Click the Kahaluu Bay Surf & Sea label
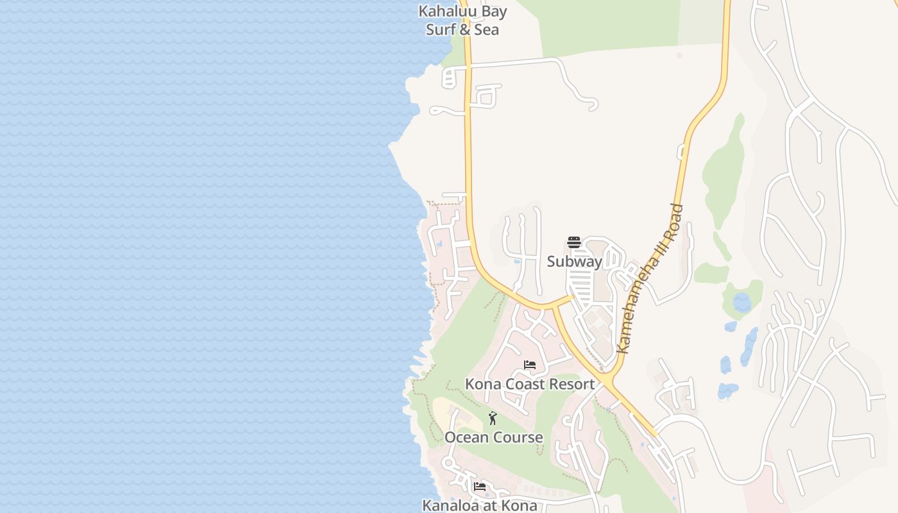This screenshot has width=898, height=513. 462,21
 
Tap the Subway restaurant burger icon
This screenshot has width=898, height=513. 574,242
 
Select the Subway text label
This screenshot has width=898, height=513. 574,262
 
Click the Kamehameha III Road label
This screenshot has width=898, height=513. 649,280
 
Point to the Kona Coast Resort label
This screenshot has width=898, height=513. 530,384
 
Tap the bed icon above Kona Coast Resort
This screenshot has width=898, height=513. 530,365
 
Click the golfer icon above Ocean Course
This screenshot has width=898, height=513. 493,418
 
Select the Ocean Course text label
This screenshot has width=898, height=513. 494,437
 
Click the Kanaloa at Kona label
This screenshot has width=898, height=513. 479,505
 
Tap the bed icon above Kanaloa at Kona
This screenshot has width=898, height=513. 479,487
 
